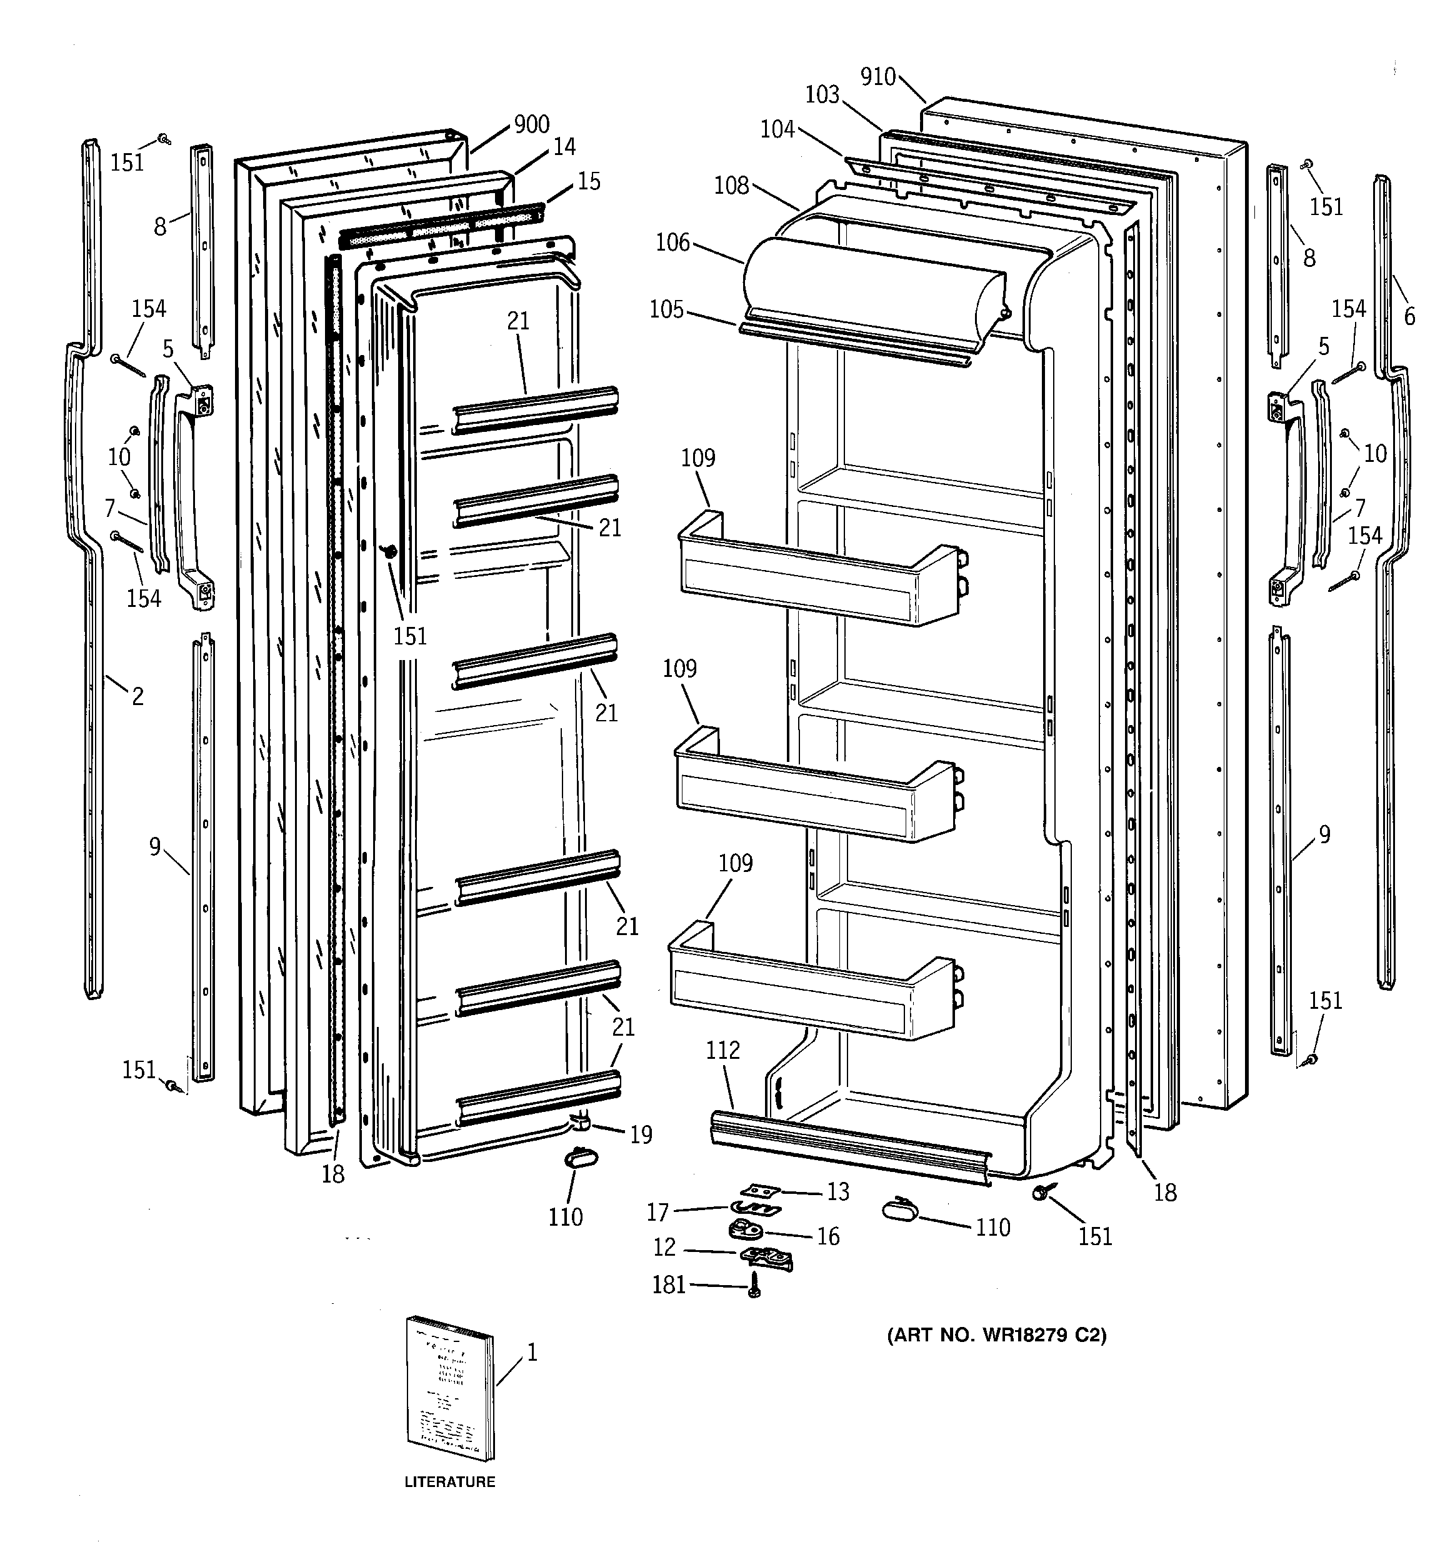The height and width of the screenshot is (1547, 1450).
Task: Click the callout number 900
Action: coord(532,124)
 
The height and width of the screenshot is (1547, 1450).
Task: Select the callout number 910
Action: coord(878,77)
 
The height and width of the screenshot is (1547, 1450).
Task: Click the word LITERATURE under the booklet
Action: coord(450,1481)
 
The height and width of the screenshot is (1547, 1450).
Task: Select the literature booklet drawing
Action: coord(450,1388)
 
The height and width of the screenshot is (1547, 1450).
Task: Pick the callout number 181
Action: coord(669,1284)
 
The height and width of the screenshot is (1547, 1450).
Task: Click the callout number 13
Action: coord(837,1191)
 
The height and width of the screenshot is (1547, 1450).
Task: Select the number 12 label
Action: coord(664,1248)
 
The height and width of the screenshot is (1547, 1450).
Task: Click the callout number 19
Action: coord(641,1134)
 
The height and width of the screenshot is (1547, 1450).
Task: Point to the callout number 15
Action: coord(589,181)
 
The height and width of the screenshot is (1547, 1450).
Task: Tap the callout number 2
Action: coord(137,696)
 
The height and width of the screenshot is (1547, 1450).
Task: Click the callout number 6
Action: coord(1409,316)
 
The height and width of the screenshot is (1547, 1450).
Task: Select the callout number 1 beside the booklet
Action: coord(532,1353)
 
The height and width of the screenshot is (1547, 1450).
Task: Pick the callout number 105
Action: coord(666,309)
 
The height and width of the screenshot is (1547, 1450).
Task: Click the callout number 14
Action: coord(564,146)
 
